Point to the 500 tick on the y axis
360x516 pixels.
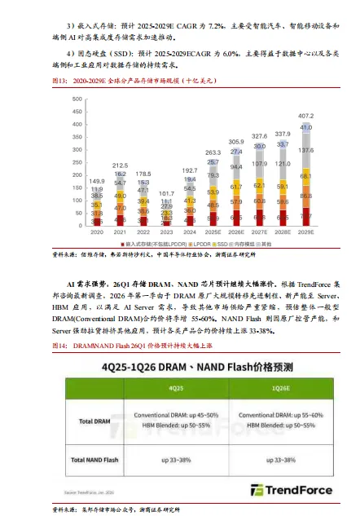(x=77, y=99)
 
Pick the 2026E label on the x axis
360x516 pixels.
(x=236, y=231)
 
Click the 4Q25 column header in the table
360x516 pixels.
(x=174, y=390)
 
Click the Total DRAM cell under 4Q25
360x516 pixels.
(x=174, y=421)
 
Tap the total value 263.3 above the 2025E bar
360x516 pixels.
(x=213, y=152)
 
